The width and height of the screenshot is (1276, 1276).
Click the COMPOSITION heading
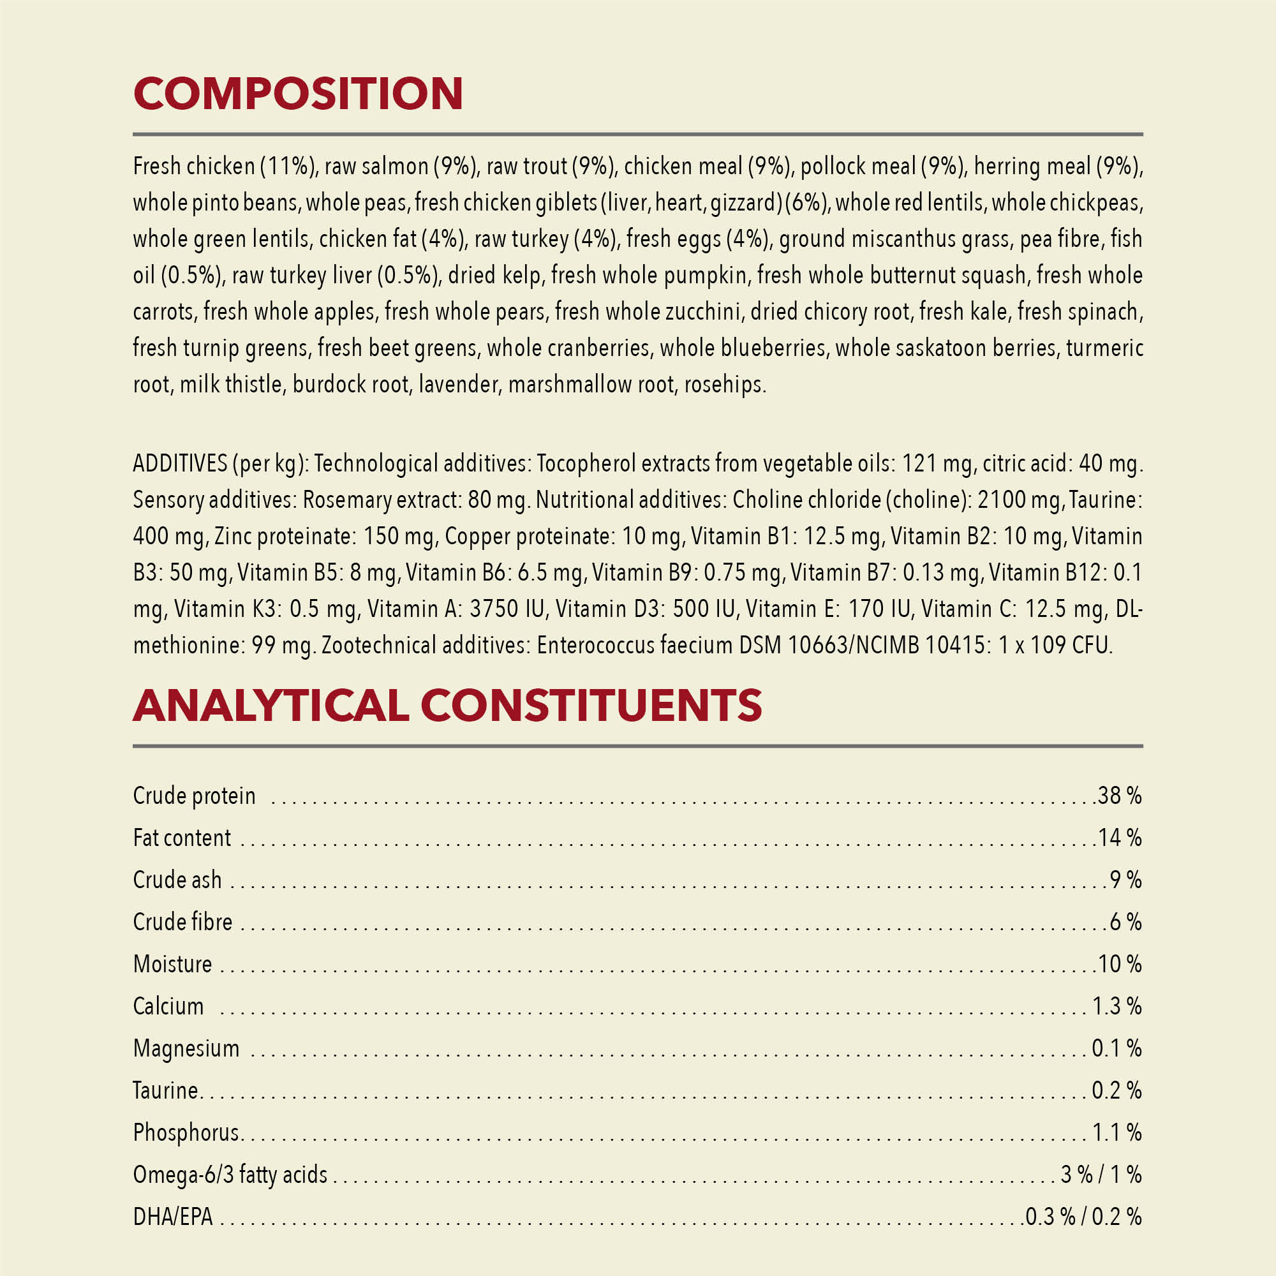(298, 93)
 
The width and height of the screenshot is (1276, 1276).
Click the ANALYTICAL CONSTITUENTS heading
(447, 705)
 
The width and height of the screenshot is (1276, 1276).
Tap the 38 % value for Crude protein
(1120, 795)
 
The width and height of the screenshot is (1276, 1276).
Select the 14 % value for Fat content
(1120, 838)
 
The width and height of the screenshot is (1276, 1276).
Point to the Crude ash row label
(177, 880)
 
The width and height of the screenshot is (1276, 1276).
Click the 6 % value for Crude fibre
(1125, 922)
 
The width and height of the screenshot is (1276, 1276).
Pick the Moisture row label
(172, 964)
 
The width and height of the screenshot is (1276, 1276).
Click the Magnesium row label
(186, 1048)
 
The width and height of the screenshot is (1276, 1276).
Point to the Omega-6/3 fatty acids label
(230, 1175)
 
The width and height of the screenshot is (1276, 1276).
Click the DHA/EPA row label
(173, 1217)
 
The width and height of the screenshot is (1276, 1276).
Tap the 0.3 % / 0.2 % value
(1083, 1217)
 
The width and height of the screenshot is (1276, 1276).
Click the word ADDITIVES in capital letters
(181, 464)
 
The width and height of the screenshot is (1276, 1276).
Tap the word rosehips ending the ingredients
(725, 384)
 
